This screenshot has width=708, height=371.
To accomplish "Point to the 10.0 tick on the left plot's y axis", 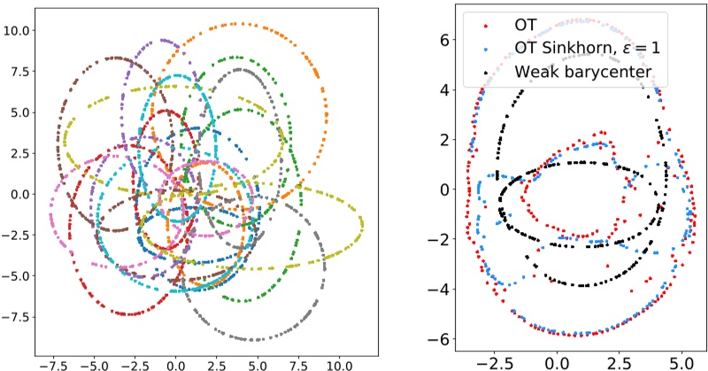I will pyautogui.click(x=17, y=30).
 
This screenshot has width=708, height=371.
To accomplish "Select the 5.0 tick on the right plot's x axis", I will pyautogui.click(x=682, y=363).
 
